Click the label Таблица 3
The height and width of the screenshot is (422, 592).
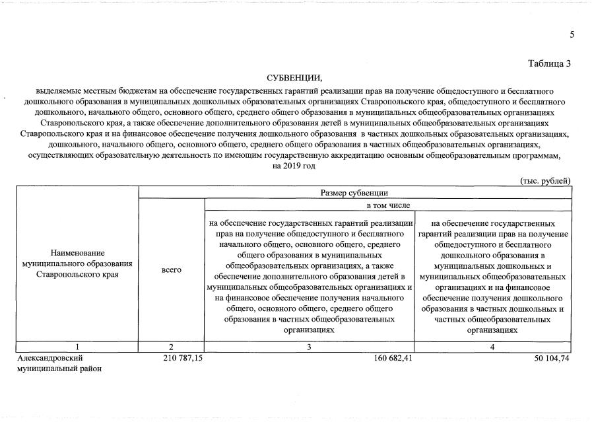coord(549,63)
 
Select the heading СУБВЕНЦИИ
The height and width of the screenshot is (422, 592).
coord(294,79)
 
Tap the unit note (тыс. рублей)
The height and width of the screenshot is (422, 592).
coord(545,181)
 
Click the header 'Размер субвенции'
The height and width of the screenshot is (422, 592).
coord(354,193)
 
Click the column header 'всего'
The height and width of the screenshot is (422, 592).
coord(172,270)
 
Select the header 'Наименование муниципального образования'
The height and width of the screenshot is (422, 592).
coord(77,264)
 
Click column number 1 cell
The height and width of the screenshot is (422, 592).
coord(77,346)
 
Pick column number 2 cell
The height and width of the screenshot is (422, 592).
coord(172,346)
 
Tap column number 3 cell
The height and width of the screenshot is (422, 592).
coord(310,346)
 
